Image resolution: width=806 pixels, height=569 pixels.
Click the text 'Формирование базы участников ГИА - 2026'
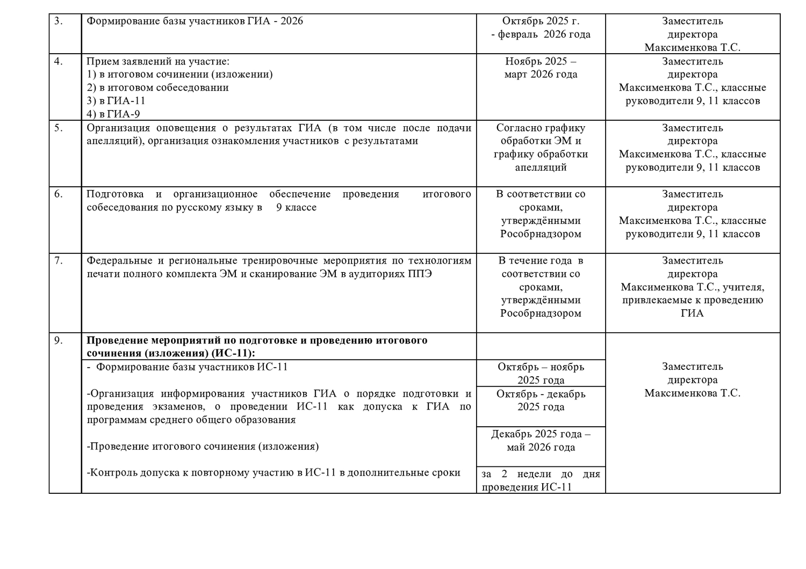(x=195, y=21)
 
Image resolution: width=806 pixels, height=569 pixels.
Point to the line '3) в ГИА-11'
(x=116, y=101)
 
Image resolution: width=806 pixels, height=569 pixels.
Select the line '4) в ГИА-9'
(x=113, y=114)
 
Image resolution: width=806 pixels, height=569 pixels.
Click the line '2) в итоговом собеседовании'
(x=157, y=87)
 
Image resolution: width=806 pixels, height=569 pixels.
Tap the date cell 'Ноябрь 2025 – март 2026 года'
(x=541, y=68)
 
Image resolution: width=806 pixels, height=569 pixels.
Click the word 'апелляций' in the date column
(x=541, y=167)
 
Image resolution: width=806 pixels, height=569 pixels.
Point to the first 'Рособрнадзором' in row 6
(x=541, y=234)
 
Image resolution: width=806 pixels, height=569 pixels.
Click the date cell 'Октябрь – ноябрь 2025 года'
(x=541, y=374)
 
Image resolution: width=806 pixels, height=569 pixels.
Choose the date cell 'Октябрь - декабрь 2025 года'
(x=541, y=400)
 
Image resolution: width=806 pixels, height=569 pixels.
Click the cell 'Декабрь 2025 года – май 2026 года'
(x=541, y=441)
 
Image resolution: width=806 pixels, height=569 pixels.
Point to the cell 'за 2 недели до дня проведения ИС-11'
(x=541, y=480)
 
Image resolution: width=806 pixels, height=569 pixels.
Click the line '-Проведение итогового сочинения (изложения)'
(x=203, y=447)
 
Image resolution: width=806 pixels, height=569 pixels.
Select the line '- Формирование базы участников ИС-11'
(x=187, y=367)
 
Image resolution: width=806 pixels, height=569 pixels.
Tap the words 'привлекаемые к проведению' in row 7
(x=692, y=301)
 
